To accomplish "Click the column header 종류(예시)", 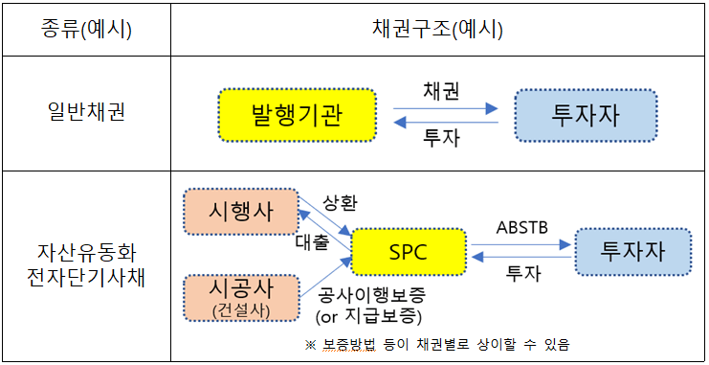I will coord(86,29).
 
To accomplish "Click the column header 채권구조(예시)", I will coord(437,29).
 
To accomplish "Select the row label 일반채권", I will coord(86,113).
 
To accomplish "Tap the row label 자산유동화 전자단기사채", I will coord(86,267).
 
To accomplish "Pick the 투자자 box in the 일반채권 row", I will coord(586,115).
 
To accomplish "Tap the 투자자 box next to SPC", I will coord(632,252).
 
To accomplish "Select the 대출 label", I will coord(311,241).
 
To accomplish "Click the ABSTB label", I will coord(522,228).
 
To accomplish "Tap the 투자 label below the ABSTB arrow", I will coord(522,273).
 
